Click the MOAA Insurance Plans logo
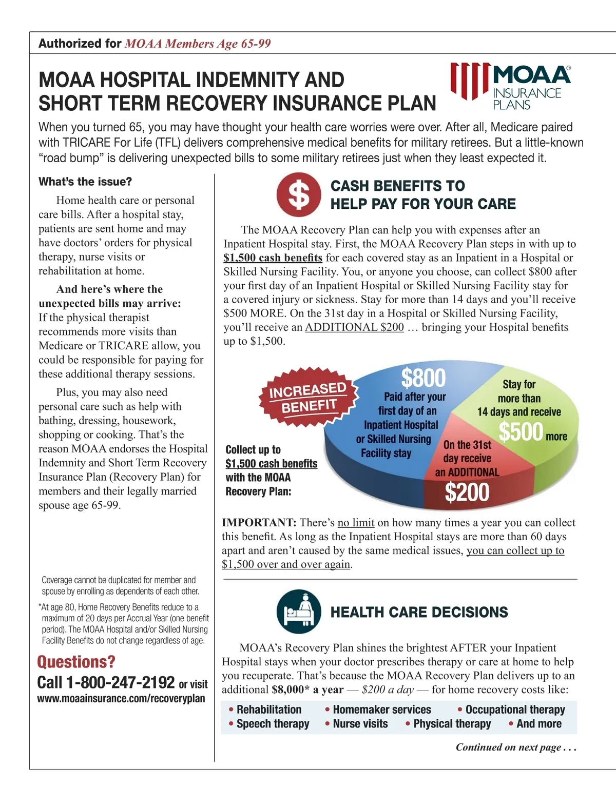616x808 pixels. [x=510, y=86]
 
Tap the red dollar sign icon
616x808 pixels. [x=299, y=194]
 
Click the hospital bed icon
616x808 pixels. [x=299, y=611]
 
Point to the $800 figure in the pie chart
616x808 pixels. [x=423, y=378]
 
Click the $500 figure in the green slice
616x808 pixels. [x=521, y=431]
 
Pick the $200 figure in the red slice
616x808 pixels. [x=467, y=492]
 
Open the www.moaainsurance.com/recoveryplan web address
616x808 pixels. [x=121, y=699]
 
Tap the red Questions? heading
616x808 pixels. [x=76, y=662]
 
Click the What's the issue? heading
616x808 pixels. [x=85, y=182]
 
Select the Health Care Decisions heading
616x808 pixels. [x=419, y=612]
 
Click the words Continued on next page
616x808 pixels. [x=515, y=747]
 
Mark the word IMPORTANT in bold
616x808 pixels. [x=259, y=523]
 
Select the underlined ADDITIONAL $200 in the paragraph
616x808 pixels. [x=354, y=327]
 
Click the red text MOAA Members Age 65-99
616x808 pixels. [x=198, y=44]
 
